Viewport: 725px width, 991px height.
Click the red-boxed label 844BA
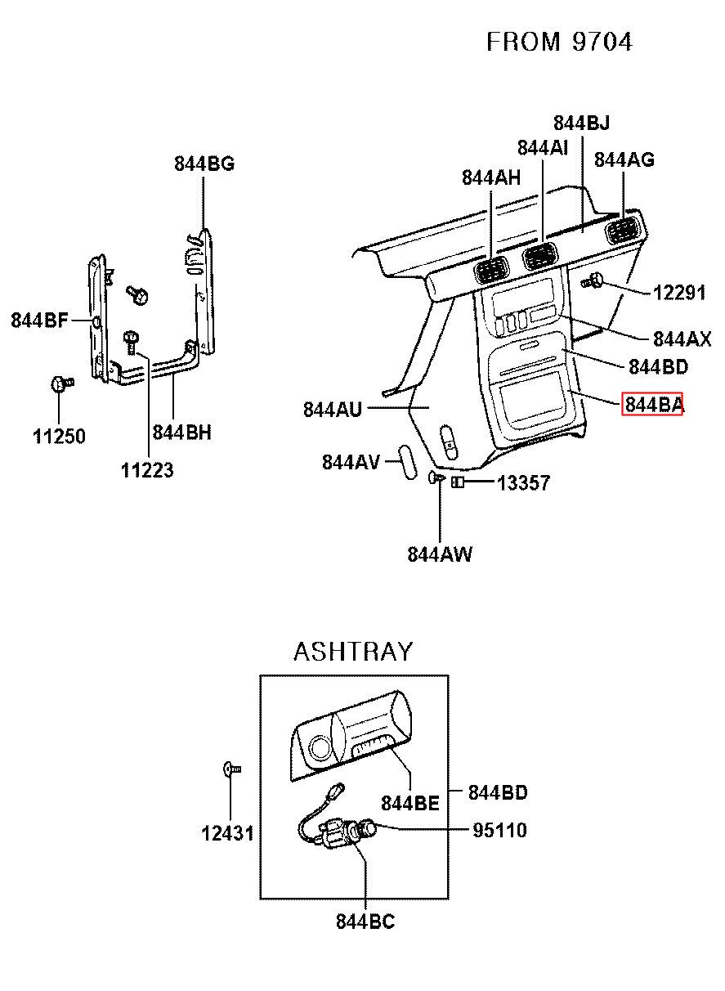coord(652,405)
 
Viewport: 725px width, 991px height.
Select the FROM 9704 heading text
coord(560,42)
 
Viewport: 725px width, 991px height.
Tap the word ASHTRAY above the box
coord(353,652)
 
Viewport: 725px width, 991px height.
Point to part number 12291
coord(679,293)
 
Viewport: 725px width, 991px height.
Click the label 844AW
coord(440,554)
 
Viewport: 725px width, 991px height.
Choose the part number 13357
coord(524,482)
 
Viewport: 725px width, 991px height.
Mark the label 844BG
coord(204,164)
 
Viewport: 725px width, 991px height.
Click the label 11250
coord(59,436)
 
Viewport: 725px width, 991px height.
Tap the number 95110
coord(500,831)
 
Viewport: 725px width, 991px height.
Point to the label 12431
coord(228,833)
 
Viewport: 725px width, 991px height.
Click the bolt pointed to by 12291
coord(593,281)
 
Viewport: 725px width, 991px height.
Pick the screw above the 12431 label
coord(232,769)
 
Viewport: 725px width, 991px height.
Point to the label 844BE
coord(410,803)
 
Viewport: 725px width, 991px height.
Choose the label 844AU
coord(333,409)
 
